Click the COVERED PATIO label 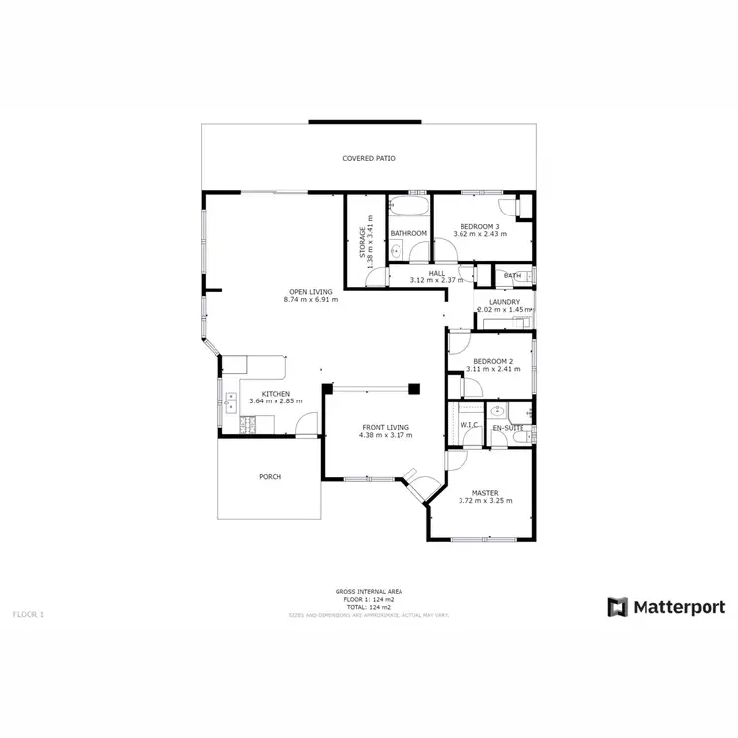[x=369, y=158]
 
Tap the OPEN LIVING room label [x=310, y=291]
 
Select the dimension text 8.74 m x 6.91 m [x=310, y=300]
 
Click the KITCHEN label [x=276, y=394]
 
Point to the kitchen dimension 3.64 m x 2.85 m [x=276, y=401]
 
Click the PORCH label [x=270, y=477]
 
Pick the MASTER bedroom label [x=485, y=493]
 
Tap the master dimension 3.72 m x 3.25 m [x=485, y=501]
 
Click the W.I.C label [x=469, y=425]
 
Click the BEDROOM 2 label [x=493, y=362]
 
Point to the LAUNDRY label [x=504, y=302]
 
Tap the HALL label [x=437, y=273]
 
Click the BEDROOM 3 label [x=479, y=226]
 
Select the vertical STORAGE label [x=362, y=242]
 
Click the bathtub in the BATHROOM [x=409, y=208]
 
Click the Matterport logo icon [x=617, y=607]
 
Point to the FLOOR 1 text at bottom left [x=29, y=614]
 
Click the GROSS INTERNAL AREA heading [x=369, y=591]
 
